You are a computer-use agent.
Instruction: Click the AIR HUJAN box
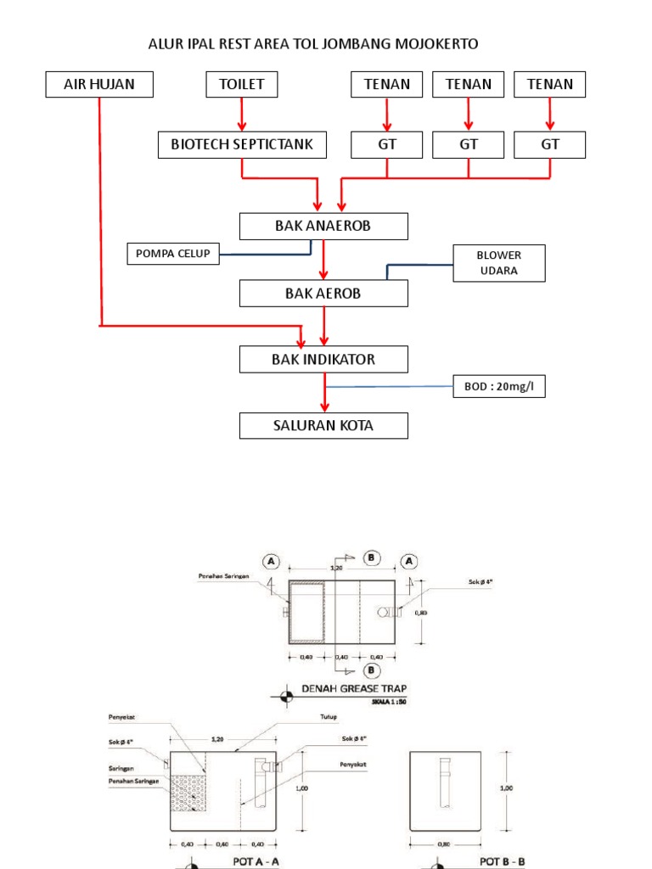[99, 85]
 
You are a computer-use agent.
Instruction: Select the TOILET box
[242, 85]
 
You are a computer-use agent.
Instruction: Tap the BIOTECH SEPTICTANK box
[242, 145]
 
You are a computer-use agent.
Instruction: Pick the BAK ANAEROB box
[323, 227]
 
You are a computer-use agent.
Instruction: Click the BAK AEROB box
[323, 294]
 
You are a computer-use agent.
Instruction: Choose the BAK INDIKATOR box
[323, 360]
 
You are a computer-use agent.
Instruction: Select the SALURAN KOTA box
[323, 425]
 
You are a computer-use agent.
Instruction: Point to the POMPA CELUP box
[173, 253]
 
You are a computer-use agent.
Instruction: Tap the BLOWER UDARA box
[499, 263]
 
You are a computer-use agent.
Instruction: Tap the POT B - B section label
[503, 861]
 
